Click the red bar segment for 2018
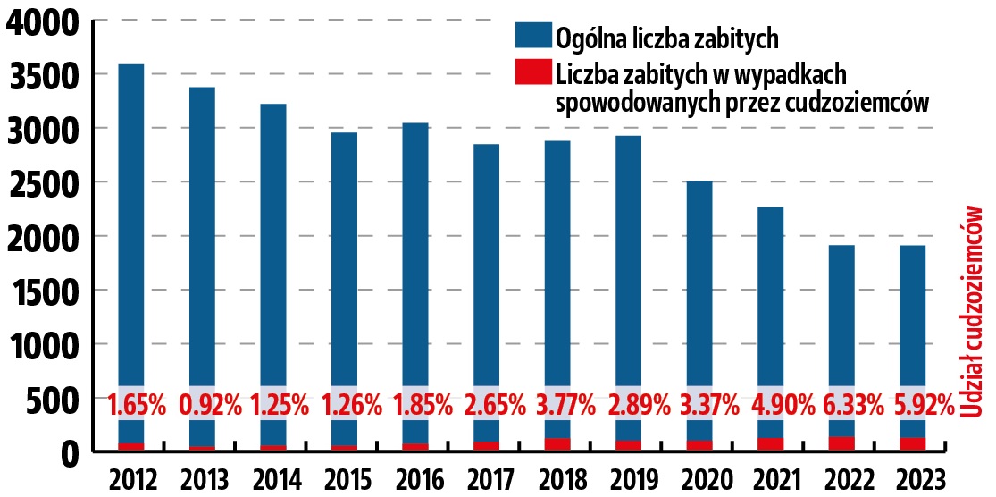[x=557, y=444]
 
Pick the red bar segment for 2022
[x=841, y=443]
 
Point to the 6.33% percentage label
[x=841, y=406]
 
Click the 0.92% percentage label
[x=210, y=406]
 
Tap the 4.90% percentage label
[x=771, y=406]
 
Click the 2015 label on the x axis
[x=344, y=477]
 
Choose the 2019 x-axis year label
[x=628, y=477]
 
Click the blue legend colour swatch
[x=532, y=37]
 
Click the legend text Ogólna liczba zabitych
[x=667, y=38]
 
